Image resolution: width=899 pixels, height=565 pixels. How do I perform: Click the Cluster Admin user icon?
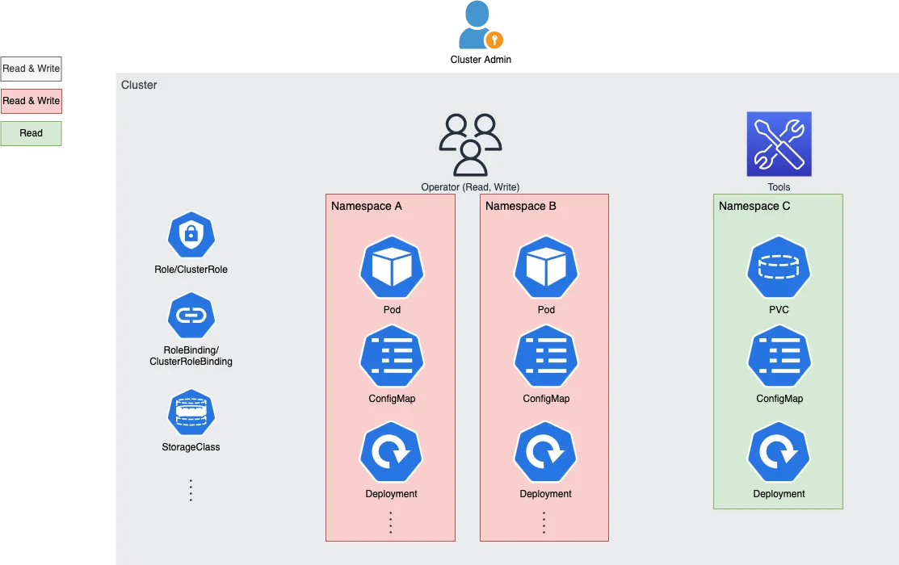click(x=477, y=25)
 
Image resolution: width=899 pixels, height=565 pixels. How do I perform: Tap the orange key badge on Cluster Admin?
click(x=494, y=40)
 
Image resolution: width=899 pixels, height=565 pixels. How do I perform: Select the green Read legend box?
click(x=31, y=133)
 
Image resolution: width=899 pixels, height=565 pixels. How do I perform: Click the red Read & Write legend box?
click(x=31, y=101)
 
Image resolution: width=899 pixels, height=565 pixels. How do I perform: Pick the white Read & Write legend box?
click(x=31, y=69)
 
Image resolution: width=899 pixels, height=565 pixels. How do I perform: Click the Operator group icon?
click(x=470, y=145)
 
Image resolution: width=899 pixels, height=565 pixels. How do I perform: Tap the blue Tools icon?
click(x=779, y=144)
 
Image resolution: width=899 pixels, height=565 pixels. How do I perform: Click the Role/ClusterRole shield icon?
click(x=191, y=235)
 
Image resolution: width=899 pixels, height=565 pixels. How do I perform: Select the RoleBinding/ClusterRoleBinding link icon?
click(x=191, y=315)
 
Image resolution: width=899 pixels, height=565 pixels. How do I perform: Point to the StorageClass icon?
click(x=191, y=412)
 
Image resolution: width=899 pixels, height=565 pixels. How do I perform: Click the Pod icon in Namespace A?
click(x=392, y=267)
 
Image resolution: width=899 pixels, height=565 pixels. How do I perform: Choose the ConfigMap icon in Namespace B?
click(x=546, y=356)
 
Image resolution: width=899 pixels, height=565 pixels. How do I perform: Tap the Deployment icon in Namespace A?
click(x=391, y=452)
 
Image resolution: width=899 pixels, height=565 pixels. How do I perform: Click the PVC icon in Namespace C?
click(x=779, y=267)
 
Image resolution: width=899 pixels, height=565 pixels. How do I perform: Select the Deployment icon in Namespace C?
click(x=779, y=452)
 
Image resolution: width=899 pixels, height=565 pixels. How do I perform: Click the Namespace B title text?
click(x=521, y=207)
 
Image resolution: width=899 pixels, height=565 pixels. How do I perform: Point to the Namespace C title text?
click(x=754, y=207)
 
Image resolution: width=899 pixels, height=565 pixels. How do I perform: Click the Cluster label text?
click(x=139, y=85)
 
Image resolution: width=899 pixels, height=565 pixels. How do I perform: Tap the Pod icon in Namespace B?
click(x=546, y=267)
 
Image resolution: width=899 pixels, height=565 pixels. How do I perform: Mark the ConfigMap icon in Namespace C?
click(x=779, y=356)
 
